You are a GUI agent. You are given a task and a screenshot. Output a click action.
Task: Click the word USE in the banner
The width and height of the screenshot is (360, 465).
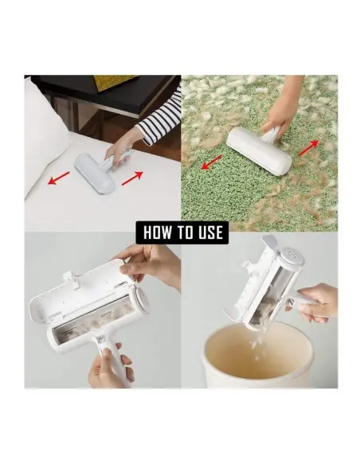pos(211,232)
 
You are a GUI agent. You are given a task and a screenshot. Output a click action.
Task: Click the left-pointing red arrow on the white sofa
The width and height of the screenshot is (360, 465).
pos(59,178)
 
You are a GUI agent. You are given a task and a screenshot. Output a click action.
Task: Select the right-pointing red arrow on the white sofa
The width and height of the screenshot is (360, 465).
pos(132,178)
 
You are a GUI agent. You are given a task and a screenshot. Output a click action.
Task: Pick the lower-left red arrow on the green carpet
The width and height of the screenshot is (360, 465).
pos(212,162)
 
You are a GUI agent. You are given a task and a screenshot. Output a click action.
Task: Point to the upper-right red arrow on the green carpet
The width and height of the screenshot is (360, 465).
pos(308,148)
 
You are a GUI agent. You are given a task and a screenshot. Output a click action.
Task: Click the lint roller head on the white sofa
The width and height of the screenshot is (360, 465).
pos(94,174)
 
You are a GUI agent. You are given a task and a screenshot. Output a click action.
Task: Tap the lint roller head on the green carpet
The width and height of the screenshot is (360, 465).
pos(259,151)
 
